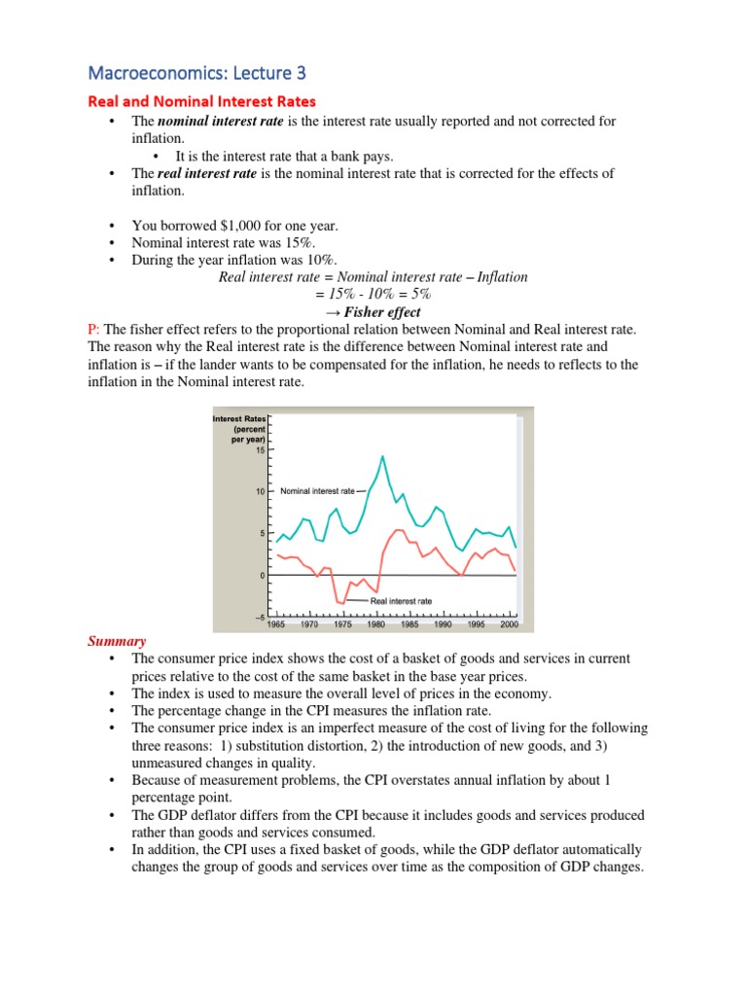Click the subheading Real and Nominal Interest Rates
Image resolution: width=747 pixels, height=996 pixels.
click(201, 101)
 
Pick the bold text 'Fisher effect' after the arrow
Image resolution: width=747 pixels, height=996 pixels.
click(383, 312)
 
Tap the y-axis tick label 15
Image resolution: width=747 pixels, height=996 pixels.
click(261, 450)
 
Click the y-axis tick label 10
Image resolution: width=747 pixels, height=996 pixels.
click(261, 492)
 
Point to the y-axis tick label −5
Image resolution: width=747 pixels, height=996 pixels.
click(260, 618)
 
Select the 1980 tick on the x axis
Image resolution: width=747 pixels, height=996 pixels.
click(376, 624)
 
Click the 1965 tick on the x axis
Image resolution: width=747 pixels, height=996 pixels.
click(275, 624)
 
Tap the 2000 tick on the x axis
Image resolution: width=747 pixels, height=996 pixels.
click(509, 624)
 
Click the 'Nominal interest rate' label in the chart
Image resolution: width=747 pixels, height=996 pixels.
click(317, 492)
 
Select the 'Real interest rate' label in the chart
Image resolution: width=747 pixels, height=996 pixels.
click(402, 602)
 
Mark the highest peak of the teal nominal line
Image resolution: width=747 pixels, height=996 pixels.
click(382, 455)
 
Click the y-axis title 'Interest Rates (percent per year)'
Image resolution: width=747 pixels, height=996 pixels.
click(239, 429)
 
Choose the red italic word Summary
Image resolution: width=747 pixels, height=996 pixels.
click(117, 641)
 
